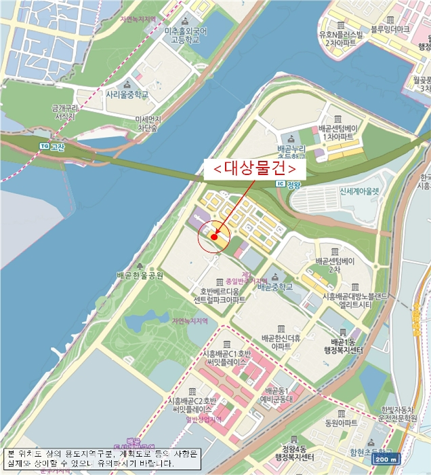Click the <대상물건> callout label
(254, 167)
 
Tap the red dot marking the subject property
(214, 237)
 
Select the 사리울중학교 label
(127, 95)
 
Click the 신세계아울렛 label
(350, 191)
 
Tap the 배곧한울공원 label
(140, 275)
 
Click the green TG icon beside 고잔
(45, 146)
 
